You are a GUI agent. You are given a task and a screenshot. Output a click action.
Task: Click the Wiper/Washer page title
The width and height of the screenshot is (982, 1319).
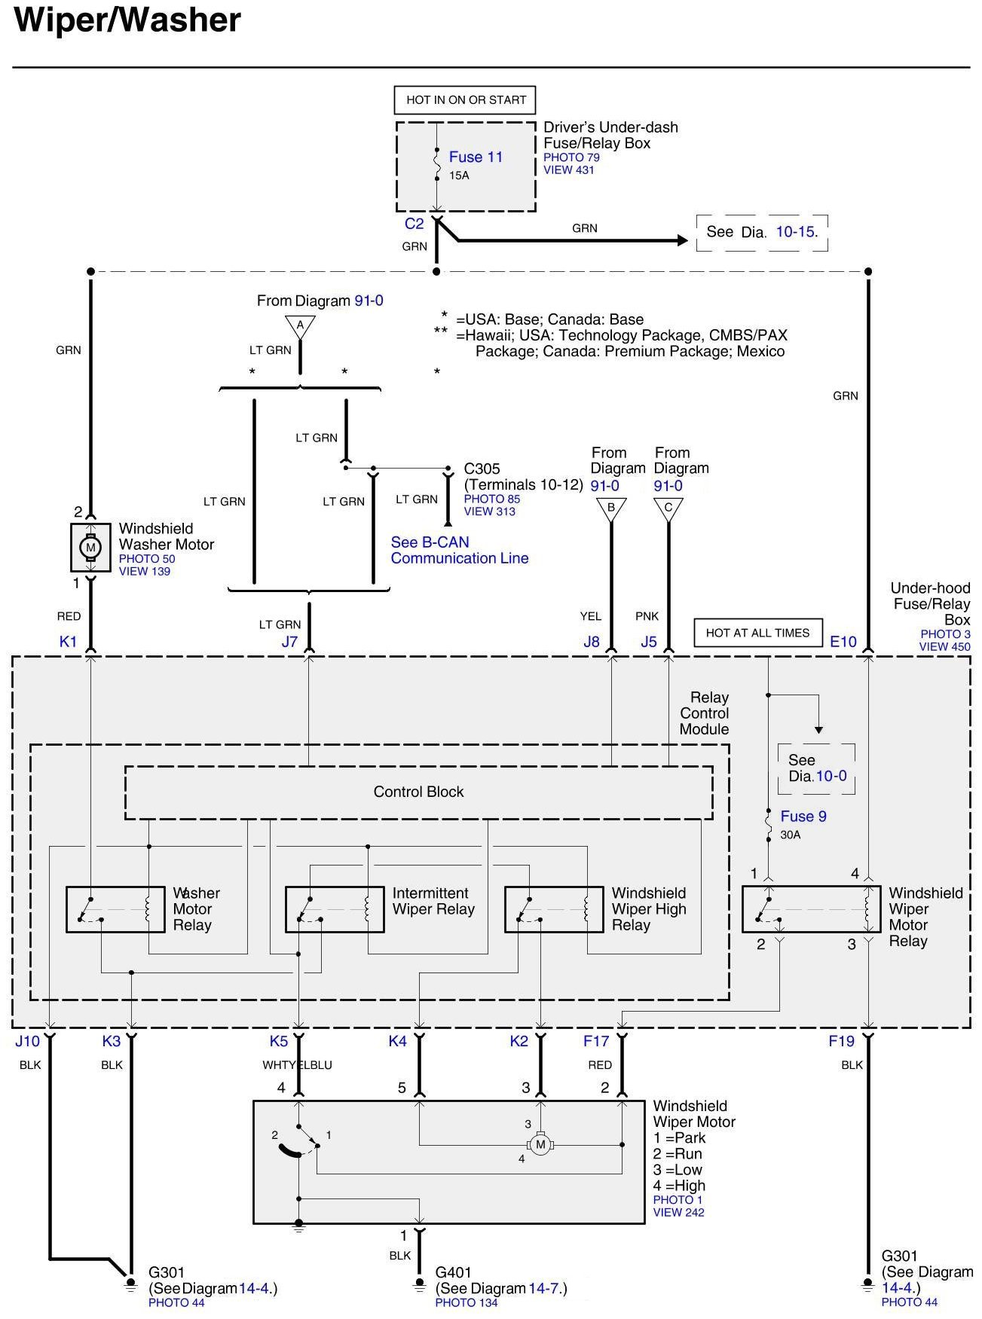click(127, 20)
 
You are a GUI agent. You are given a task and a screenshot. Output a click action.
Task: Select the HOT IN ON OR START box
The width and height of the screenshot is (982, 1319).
click(465, 99)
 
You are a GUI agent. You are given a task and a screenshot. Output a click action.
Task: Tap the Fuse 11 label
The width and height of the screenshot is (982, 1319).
click(476, 157)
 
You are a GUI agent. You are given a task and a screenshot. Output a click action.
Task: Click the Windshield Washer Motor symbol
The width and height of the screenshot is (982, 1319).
click(90, 548)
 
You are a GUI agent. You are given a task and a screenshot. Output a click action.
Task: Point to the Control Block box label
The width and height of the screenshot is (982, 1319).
click(418, 792)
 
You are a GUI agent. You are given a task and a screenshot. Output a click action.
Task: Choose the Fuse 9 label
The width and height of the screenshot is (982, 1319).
click(803, 816)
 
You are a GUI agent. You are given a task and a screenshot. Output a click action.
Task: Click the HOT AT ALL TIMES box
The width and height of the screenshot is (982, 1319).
click(757, 633)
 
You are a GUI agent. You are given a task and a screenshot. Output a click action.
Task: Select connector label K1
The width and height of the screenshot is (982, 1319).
click(68, 642)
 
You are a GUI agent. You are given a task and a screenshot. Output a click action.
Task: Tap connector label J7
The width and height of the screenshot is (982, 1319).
click(289, 643)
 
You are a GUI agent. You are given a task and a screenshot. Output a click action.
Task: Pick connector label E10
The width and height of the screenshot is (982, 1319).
click(843, 642)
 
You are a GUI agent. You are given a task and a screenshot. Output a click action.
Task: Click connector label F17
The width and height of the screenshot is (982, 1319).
click(596, 1041)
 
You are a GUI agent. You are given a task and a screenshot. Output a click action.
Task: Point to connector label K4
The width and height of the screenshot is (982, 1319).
click(397, 1041)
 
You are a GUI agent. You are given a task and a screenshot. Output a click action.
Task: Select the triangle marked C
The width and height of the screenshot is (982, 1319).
click(668, 508)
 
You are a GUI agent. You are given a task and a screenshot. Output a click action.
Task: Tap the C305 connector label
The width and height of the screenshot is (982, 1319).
click(482, 469)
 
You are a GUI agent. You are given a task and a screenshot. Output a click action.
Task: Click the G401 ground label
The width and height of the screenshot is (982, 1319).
click(453, 1272)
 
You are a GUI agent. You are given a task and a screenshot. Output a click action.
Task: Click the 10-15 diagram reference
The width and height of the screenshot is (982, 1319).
click(796, 232)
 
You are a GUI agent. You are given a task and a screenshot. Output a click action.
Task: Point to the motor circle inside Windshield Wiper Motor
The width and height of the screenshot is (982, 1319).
click(540, 1145)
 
